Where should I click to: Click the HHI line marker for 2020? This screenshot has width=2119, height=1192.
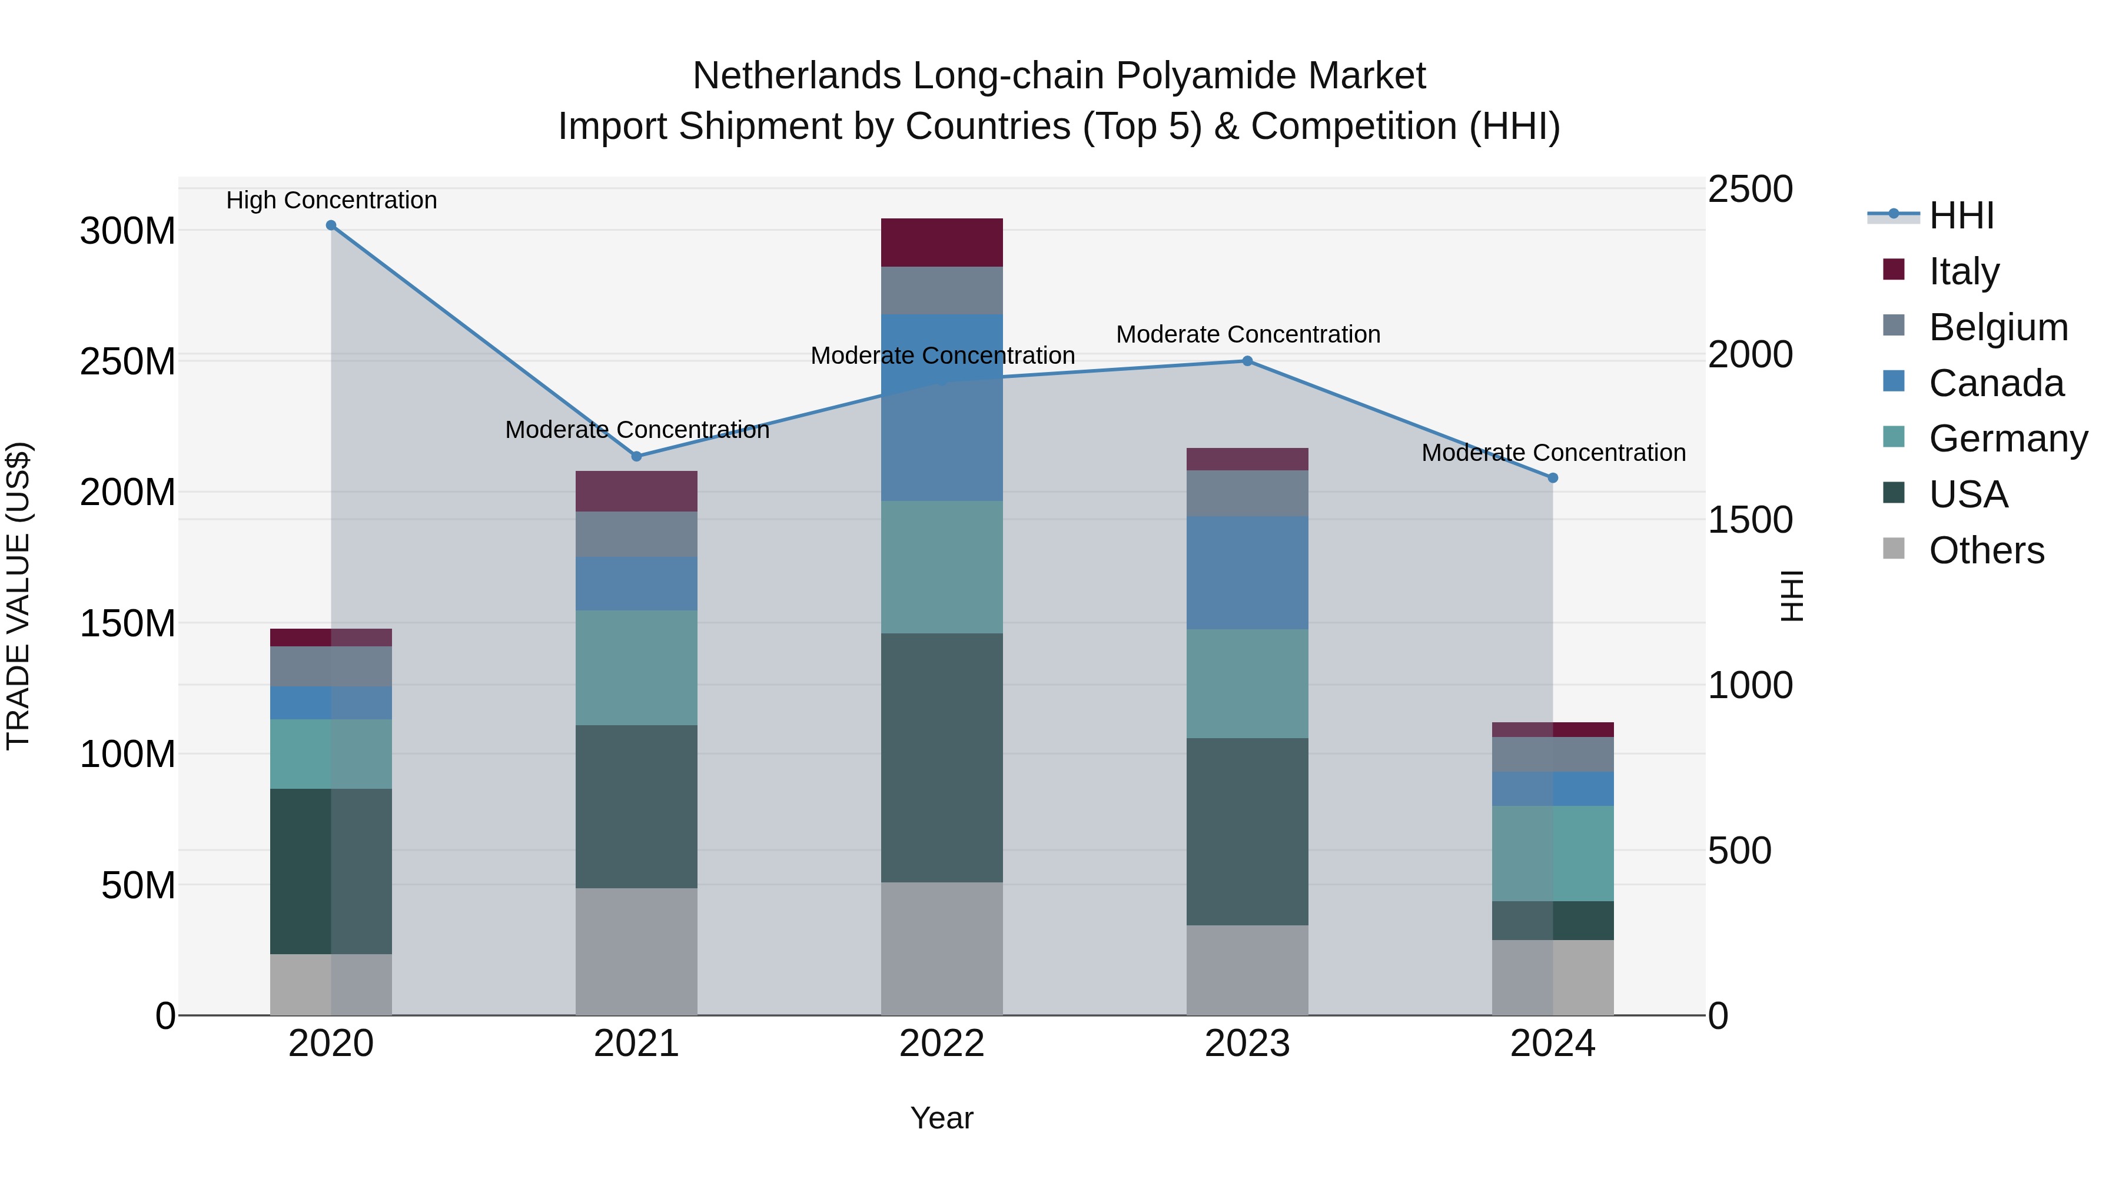331,225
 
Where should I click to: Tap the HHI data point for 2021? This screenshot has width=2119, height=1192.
636,457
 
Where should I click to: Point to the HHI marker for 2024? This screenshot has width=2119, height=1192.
1552,478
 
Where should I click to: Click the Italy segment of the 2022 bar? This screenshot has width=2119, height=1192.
942,243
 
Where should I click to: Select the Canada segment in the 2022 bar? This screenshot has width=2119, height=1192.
942,407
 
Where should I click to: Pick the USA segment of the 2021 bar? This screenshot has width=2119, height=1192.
636,806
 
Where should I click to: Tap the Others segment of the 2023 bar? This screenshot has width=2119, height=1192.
1247,970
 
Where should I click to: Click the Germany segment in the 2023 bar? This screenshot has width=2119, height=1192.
1247,683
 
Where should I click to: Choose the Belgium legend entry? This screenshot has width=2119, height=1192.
1997,327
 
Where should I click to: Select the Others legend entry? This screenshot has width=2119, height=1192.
1986,550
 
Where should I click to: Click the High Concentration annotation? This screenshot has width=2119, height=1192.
331,201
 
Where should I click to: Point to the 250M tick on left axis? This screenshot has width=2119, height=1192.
128,362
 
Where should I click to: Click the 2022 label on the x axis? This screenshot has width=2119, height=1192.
942,1044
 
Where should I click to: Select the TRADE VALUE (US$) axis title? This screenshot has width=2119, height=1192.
19,596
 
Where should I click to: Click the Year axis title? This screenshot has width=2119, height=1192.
941,1118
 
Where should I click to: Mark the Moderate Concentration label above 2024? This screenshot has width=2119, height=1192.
1553,453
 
